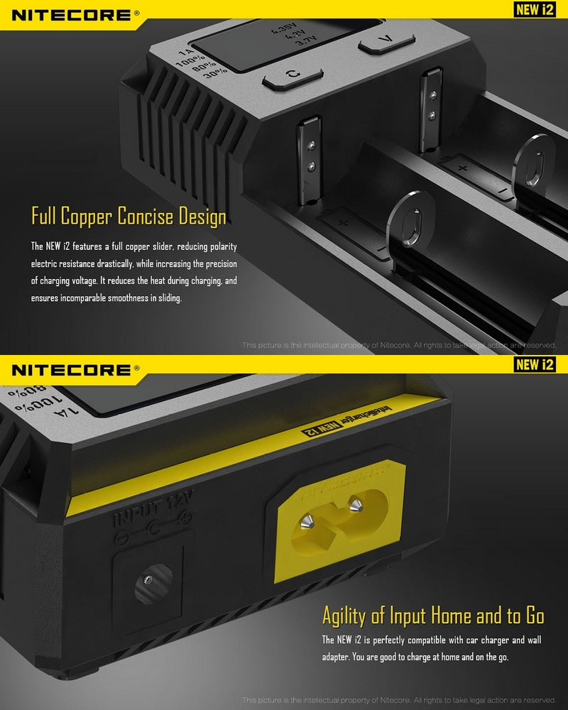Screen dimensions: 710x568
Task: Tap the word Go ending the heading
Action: pyautogui.click(x=530, y=614)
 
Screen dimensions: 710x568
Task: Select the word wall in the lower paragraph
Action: pyautogui.click(x=534, y=640)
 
